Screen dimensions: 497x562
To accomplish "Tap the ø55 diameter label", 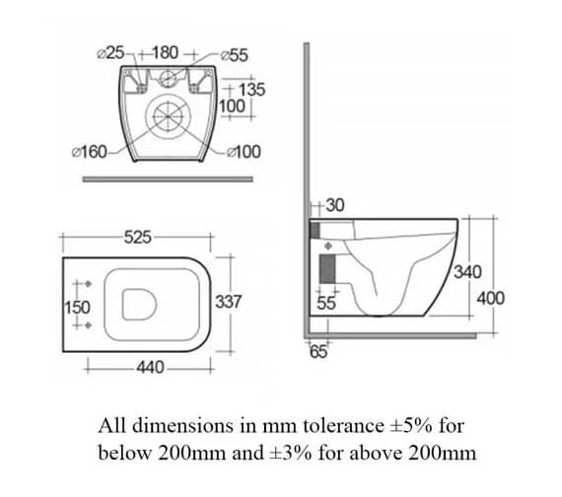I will (233, 53).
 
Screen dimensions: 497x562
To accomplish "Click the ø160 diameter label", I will (93, 152).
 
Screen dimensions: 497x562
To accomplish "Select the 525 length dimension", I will (138, 237).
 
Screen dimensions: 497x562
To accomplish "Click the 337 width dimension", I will (229, 302).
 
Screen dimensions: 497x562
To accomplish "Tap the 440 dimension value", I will (149, 367).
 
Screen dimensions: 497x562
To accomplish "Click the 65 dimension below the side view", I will (318, 353).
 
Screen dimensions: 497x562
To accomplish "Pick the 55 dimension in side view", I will (326, 305).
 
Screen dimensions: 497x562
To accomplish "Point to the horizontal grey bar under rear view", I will (166, 178).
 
